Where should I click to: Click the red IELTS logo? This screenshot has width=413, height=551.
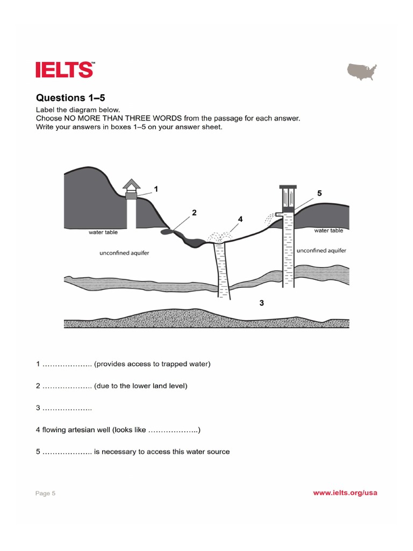pos(65,70)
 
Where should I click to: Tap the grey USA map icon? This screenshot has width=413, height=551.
pos(362,71)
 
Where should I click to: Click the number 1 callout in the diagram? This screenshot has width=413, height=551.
pos(156,189)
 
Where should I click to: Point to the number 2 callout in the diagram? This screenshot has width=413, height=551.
pos(194,213)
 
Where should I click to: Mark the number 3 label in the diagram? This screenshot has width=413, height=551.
pos(261,303)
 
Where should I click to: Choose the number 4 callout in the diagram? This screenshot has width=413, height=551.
pos(240,219)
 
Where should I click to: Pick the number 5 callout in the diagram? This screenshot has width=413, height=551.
pos(319,193)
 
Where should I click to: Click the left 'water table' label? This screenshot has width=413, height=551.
pos(103,232)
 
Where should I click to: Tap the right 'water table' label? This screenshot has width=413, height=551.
pos(329,230)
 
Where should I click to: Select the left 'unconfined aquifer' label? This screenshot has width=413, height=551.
pos(125,252)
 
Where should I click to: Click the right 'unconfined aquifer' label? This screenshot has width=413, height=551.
pos(322,250)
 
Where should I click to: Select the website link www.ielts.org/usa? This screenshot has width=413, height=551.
pos(345,493)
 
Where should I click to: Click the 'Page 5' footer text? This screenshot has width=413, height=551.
pos(46,493)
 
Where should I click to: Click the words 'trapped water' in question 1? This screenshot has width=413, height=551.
pos(186,364)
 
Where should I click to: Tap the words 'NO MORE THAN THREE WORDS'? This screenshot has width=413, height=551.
pos(120,117)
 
